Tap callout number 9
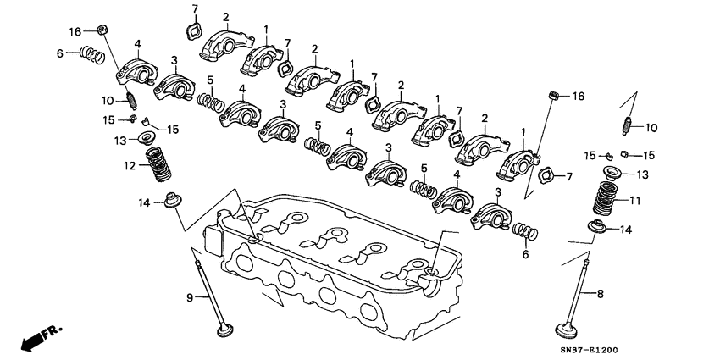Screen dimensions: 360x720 (190, 296)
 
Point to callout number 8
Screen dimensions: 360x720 (601, 295)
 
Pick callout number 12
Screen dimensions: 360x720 (130, 166)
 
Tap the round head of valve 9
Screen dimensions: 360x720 (224, 331)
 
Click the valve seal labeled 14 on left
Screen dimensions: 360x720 (173, 202)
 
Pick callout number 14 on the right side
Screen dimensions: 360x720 (626, 230)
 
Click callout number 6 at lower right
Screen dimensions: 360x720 (525, 255)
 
